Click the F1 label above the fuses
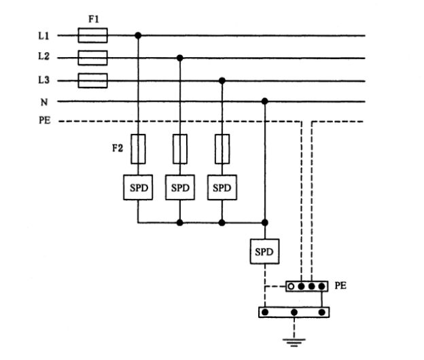click(x=93, y=20)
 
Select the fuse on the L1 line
click(x=92, y=35)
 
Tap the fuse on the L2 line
click(x=92, y=57)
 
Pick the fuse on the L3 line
click(x=92, y=81)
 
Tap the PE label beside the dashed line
click(x=44, y=122)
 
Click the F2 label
click(x=116, y=147)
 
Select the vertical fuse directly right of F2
click(x=138, y=149)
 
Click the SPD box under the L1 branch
click(x=138, y=188)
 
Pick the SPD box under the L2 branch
click(x=180, y=188)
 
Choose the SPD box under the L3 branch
click(x=222, y=188)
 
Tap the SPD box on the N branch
click(x=264, y=252)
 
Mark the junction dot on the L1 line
click(x=138, y=35)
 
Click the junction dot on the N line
click(x=264, y=102)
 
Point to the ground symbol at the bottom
click(x=294, y=341)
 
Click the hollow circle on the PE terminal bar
click(x=291, y=286)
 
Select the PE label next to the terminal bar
click(x=340, y=286)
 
